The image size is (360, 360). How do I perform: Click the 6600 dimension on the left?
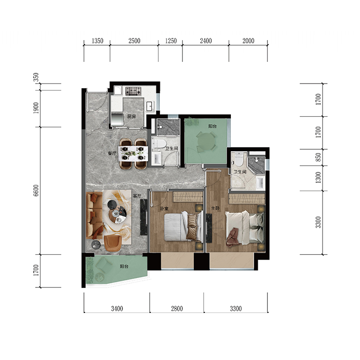pos(36,191)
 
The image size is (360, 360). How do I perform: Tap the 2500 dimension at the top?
pos(134,41)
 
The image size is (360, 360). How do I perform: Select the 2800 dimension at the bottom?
pos(177,309)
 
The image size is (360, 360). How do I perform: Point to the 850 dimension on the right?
pos(318,157)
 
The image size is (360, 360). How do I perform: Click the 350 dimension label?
pos(36,77)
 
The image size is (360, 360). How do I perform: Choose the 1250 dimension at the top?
pos(171,41)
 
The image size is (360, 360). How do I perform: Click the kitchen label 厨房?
pos(132,117)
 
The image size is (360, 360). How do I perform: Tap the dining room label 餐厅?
pos(112,153)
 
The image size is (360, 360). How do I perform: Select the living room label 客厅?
pos(137,196)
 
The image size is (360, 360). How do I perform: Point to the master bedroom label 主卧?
pos(216,208)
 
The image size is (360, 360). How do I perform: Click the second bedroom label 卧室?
pos(164,208)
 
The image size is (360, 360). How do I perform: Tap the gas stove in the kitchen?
pos(133,91)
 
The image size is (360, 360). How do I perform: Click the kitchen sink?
pos(150,106)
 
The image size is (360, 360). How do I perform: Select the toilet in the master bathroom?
pos(239,159)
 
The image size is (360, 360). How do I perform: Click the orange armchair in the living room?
pos(113,243)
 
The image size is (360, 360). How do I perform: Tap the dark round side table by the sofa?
pos(96,245)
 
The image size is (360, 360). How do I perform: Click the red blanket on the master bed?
pos(232,237)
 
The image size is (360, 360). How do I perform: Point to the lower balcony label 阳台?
pos(124,266)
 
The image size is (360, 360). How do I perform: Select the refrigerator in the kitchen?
pos(117,120)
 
